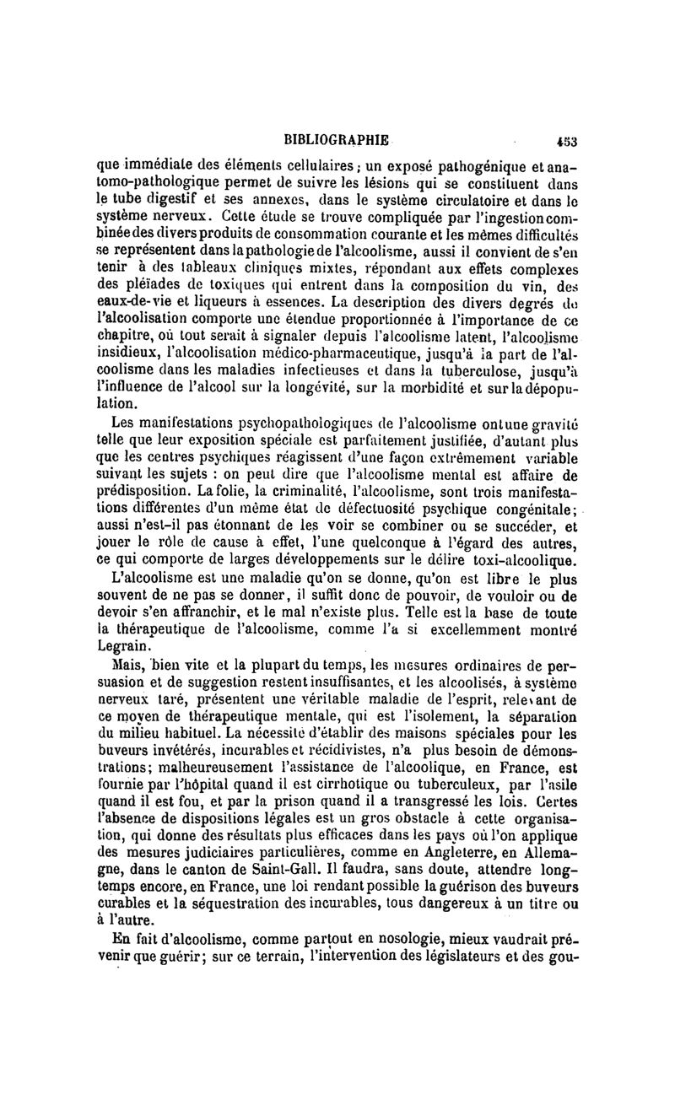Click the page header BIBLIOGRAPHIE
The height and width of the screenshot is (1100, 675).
tap(337, 139)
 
